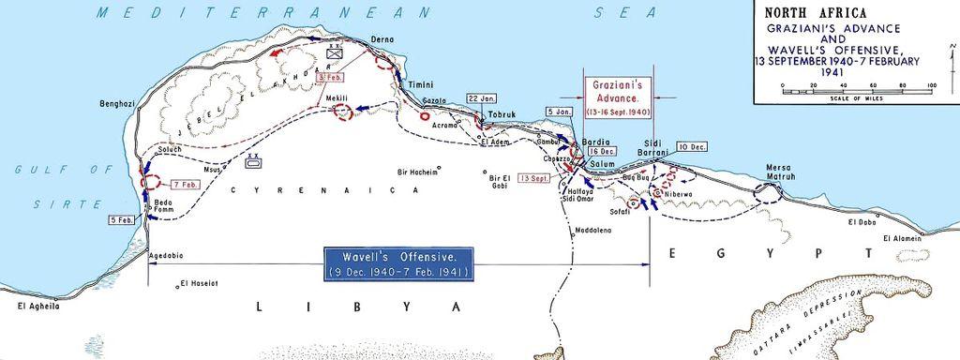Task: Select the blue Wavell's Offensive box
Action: coord(397,263)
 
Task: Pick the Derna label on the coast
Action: coord(383,39)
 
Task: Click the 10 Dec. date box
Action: coord(691,147)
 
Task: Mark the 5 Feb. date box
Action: coord(121,219)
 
